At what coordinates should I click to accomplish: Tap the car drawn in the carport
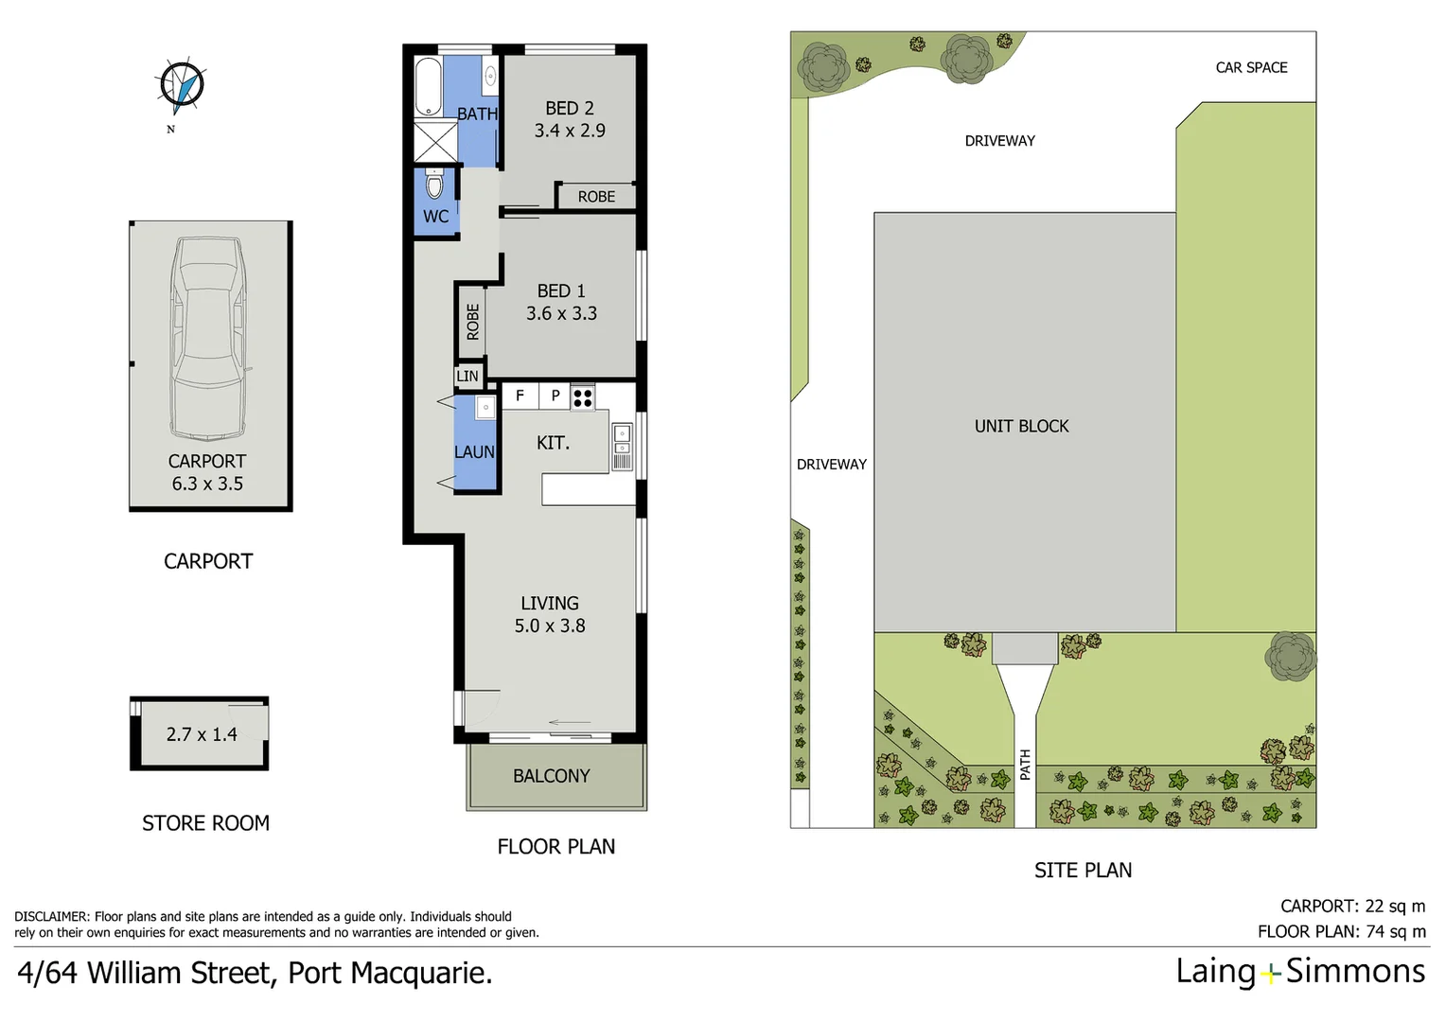click(207, 339)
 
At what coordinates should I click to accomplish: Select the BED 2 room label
click(569, 108)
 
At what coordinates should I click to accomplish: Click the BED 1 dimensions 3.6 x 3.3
click(561, 313)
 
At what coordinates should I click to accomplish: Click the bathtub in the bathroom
click(428, 87)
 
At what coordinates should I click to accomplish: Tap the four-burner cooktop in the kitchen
click(583, 397)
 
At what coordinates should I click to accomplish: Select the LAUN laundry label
click(474, 452)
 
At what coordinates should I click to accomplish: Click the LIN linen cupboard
click(467, 376)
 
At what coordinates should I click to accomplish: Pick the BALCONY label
click(551, 776)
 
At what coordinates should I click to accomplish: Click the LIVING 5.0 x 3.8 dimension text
click(550, 626)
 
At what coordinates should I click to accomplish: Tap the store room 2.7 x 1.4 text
click(202, 734)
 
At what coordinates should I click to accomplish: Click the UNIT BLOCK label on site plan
click(1021, 426)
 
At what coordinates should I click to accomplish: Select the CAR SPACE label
click(1251, 67)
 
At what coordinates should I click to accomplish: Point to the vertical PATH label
click(1025, 765)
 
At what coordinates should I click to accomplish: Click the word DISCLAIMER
click(51, 916)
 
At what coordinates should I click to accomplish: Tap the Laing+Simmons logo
click(1299, 972)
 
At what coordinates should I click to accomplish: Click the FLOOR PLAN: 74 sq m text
click(1341, 931)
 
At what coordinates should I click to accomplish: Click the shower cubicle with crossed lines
click(435, 142)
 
